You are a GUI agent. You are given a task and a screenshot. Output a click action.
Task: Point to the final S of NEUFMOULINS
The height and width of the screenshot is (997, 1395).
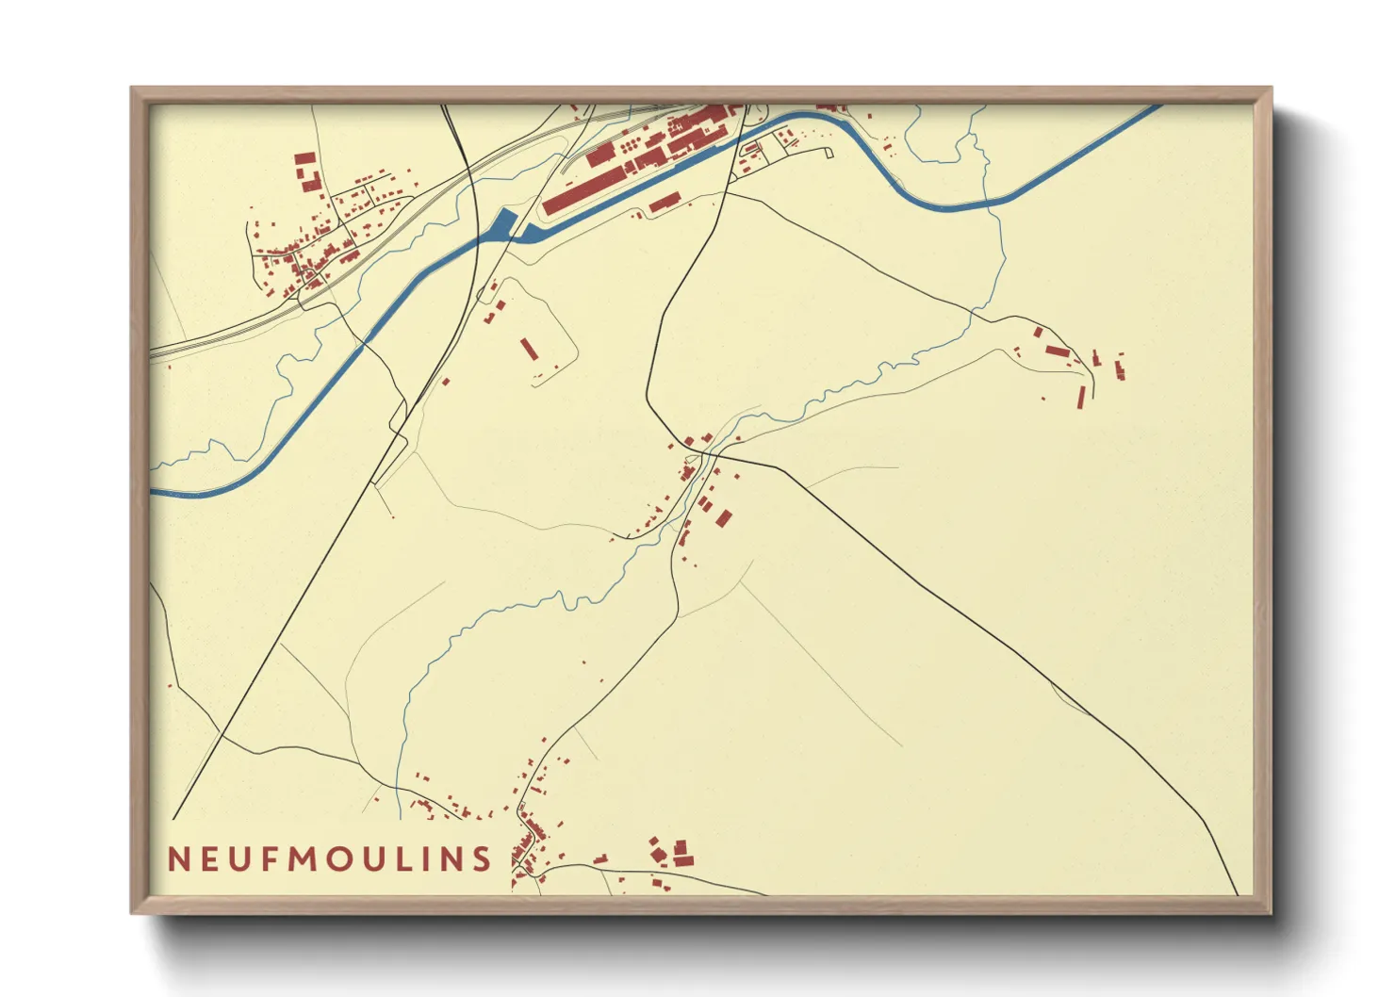(x=482, y=858)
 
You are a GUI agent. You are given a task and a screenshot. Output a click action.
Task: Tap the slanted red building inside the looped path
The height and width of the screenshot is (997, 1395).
(x=529, y=349)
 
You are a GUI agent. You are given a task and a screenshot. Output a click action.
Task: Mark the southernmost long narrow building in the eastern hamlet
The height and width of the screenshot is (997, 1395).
(x=1081, y=397)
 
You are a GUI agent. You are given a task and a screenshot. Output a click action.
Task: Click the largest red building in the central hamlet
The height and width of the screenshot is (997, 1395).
(x=723, y=517)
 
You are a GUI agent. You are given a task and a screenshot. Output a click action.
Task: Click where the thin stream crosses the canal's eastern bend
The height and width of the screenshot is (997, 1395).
(x=985, y=203)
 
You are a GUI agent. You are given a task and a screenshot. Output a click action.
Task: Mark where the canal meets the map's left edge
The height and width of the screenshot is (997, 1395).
(x=153, y=492)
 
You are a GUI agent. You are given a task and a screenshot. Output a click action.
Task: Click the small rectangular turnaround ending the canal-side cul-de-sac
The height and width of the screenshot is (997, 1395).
(x=830, y=152)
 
